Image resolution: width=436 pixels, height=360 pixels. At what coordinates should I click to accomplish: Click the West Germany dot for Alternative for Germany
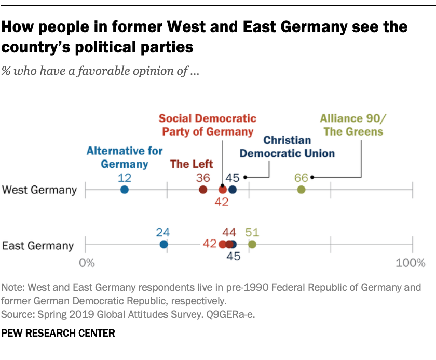125,190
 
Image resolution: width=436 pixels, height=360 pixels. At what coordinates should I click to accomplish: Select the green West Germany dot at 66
301,190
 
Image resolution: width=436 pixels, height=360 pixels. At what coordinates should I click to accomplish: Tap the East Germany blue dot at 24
163,245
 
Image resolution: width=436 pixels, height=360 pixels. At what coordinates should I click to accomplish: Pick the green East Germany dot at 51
252,245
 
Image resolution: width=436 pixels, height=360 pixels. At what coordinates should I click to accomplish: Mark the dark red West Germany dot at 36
203,190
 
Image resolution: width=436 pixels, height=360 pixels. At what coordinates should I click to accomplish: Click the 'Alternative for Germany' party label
117,157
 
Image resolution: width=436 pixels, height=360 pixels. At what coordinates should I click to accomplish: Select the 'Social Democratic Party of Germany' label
208,125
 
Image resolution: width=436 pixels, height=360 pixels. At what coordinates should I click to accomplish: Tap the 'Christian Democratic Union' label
287,146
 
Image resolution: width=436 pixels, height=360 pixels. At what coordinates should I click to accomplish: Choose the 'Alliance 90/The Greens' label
353,125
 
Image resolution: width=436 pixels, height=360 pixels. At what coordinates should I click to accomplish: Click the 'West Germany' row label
39,190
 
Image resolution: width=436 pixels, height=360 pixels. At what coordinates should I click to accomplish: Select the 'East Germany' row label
38,245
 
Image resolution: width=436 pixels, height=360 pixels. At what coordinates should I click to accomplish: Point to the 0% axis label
87,263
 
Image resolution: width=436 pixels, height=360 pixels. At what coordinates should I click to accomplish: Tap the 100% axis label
410,263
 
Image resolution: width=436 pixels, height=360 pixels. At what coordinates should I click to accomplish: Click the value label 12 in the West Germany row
125,178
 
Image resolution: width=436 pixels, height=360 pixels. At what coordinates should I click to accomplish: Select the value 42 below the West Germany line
222,202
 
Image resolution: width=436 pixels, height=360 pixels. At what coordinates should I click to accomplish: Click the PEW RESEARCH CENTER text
58,333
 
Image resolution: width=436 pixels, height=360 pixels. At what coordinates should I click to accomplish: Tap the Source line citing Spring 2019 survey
129,314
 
